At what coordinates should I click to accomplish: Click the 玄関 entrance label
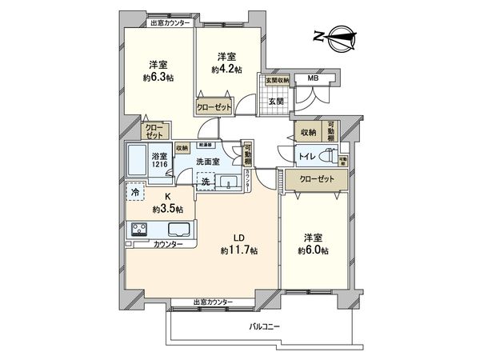click(276, 101)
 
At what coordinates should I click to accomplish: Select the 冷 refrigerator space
click(134, 193)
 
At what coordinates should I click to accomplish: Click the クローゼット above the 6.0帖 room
click(311, 180)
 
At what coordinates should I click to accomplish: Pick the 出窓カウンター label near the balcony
click(213, 302)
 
